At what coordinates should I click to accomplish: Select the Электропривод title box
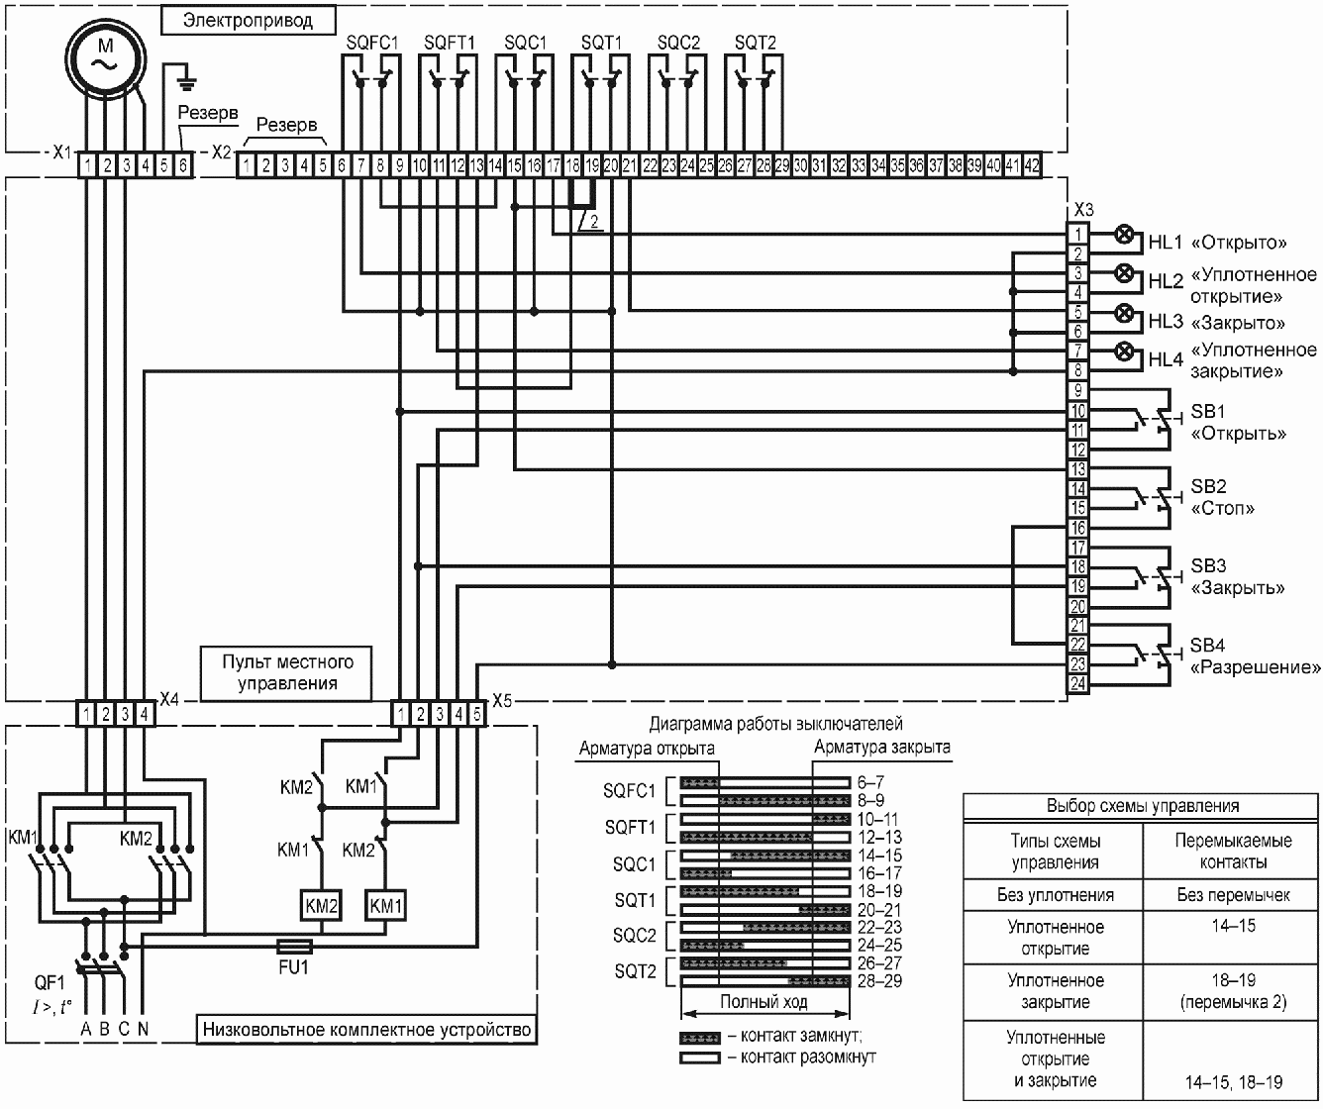249,20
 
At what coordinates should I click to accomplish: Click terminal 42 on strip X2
1032,166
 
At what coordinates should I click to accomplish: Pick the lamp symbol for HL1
1124,235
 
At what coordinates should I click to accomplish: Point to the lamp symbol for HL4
1124,352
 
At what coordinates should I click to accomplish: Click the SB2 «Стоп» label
1222,497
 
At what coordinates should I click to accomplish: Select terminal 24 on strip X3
1077,684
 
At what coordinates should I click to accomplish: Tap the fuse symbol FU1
294,947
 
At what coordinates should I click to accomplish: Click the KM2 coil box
321,906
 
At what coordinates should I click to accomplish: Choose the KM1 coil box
385,906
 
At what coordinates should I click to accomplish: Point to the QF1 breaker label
51,983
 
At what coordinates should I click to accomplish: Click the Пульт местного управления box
286,673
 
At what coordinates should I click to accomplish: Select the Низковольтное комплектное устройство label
366,1030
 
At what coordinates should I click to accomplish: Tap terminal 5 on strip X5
477,715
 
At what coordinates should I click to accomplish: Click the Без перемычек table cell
1233,895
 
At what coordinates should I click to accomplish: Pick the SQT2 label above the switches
755,43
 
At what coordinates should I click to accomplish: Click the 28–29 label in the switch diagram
879,981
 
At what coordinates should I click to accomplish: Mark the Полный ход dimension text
763,1002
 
